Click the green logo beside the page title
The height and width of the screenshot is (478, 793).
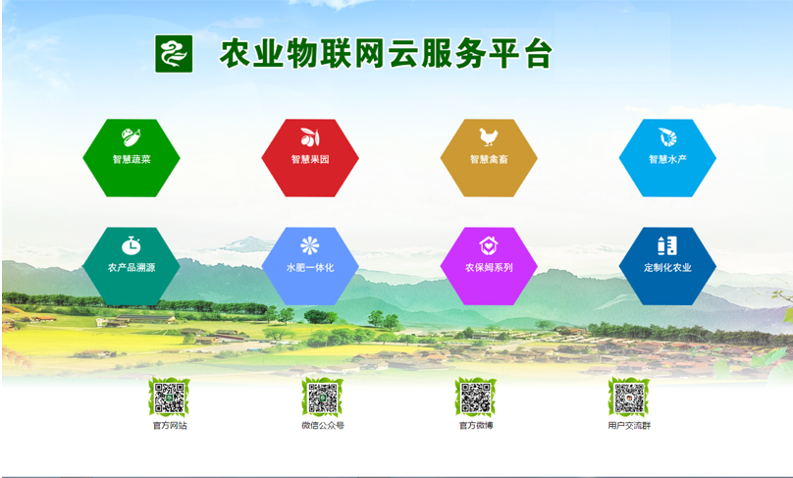[x=174, y=54]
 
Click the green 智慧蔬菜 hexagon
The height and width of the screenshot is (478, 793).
[x=132, y=158]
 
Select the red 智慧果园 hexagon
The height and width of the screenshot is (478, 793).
[x=310, y=158]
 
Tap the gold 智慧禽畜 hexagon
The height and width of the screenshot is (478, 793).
[x=489, y=158]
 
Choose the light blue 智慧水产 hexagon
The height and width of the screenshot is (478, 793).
[x=667, y=158]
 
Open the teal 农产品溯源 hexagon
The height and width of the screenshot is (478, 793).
[x=132, y=266]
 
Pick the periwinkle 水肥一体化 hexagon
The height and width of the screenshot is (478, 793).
[x=310, y=266]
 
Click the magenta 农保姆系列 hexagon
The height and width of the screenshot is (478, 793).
[x=489, y=266]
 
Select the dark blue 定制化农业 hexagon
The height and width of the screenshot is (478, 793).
[x=667, y=266]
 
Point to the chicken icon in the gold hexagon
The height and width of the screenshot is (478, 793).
[x=489, y=137]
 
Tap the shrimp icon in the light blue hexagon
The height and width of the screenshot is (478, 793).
[x=667, y=137]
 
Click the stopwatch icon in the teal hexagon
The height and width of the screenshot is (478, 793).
[x=132, y=245]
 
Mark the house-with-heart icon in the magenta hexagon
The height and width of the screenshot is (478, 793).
[x=489, y=245]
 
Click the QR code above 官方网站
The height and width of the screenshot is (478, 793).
[x=170, y=398]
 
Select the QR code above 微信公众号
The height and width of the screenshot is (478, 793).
[x=323, y=398]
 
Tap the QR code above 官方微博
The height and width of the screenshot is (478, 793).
[x=476, y=398]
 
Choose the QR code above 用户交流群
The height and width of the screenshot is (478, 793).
[x=629, y=398]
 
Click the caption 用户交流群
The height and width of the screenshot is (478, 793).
[x=629, y=425]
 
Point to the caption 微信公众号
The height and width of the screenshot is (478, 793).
[x=323, y=425]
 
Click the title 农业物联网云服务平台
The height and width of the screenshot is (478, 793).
[x=386, y=54]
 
